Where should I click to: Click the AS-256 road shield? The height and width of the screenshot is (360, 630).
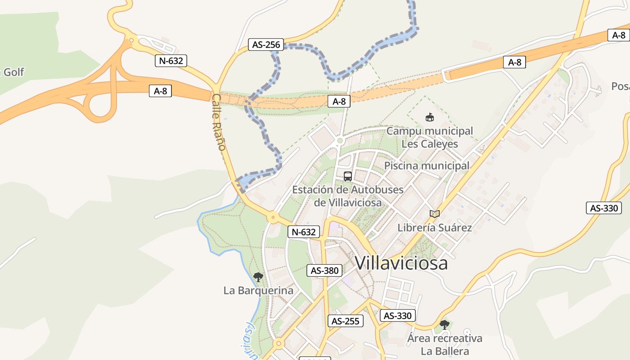pos(266,45)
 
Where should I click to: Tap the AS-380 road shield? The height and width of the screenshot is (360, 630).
pos(324,270)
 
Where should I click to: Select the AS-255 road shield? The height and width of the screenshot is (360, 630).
pos(345,321)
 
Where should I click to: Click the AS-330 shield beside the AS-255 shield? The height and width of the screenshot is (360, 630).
pos(397,315)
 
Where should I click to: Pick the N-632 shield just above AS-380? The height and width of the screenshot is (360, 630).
pos(304,232)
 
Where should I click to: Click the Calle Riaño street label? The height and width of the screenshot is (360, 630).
pos(218,122)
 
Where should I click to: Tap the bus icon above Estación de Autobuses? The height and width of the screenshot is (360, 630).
pos(348,176)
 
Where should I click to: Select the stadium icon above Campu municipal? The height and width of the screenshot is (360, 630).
pos(430,117)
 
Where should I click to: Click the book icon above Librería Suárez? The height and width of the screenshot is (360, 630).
pos(434,214)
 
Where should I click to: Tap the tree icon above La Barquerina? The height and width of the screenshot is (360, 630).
pos(258,277)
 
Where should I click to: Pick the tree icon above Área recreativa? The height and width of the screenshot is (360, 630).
pos(445,324)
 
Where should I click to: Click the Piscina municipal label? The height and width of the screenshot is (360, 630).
pos(427,166)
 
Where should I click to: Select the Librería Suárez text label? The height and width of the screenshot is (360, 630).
pos(434,228)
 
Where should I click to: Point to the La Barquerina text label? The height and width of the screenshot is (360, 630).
pos(258,291)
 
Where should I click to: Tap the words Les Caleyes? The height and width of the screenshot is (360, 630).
pos(429,144)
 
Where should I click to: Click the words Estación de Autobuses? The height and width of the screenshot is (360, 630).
pos(348,189)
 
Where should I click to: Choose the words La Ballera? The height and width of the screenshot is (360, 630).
pos(445,351)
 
